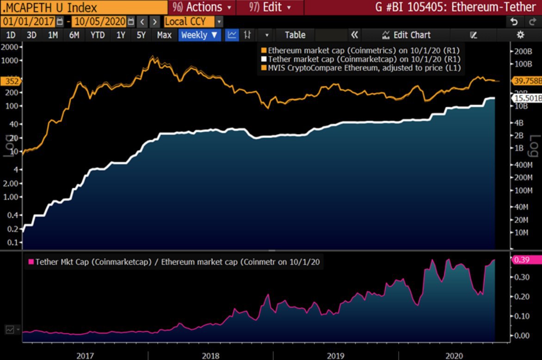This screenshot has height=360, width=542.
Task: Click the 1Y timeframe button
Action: point(121,35)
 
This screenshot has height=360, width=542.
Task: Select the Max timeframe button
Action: point(164,35)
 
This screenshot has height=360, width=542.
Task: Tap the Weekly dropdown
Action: point(199,35)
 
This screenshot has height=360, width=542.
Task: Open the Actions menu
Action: point(202,7)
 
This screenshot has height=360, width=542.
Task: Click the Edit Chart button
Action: point(406,35)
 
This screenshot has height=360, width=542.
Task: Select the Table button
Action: point(295,35)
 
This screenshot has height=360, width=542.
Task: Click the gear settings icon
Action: point(520,35)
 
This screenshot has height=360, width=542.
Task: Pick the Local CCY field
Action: point(189,21)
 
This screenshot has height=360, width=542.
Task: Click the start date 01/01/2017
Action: point(28,21)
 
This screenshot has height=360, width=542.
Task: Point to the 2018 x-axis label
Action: point(211,355)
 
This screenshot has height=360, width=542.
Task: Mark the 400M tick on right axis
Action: point(522,165)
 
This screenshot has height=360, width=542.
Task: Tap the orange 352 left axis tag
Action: point(9,81)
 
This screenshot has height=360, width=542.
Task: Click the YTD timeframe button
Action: point(98,35)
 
